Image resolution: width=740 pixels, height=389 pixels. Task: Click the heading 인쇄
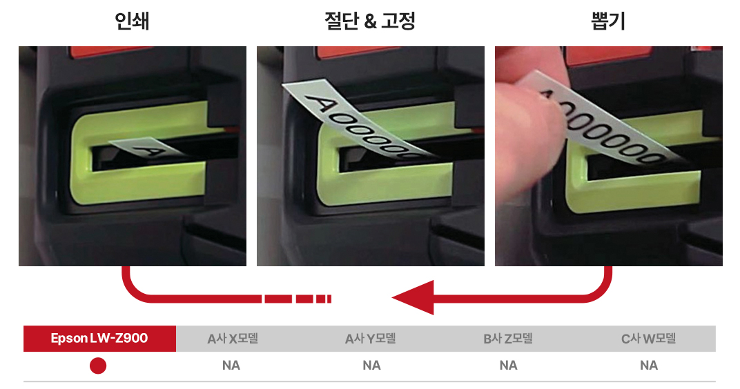[132, 21]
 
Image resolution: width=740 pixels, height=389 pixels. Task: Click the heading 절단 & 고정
[369, 21]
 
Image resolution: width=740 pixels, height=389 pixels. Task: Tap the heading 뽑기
[608, 21]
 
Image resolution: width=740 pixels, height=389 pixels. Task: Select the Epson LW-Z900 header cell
[99, 338]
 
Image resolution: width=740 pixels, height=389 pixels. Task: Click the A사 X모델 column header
[233, 339]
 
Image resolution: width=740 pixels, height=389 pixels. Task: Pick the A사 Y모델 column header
[371, 339]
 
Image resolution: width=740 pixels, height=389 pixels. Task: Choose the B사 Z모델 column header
[508, 339]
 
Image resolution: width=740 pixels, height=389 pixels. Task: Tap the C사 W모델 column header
[648, 339]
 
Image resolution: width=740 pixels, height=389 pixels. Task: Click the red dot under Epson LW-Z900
[98, 366]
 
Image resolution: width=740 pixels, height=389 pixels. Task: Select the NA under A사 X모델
[231, 366]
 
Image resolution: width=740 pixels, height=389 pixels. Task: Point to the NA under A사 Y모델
[371, 366]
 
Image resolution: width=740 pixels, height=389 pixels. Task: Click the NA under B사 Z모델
[508, 366]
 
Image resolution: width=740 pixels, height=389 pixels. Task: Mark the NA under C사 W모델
[649, 366]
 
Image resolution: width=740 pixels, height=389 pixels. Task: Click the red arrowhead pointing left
[413, 297]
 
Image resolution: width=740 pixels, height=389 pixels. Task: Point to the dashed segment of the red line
[298, 299]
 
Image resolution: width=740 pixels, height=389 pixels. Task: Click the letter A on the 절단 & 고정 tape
[320, 103]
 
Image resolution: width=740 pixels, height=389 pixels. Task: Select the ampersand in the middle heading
[371, 21]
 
